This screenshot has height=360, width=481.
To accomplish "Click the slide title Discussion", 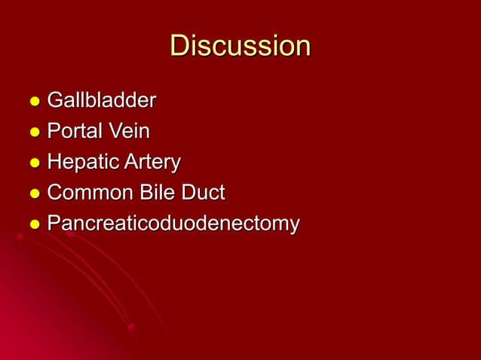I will (x=240, y=46).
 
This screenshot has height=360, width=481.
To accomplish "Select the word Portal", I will (x=73, y=131).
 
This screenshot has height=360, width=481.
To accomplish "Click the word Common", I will (x=88, y=193).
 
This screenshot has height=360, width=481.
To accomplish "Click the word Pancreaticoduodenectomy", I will (x=173, y=224).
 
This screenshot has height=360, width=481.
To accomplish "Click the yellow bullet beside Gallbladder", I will (x=33, y=102).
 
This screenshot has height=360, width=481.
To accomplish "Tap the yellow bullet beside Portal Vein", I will (x=33, y=133).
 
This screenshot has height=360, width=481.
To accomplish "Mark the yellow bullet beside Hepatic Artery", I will (x=33, y=163).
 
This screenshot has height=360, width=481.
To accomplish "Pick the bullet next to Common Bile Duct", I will (x=33, y=194).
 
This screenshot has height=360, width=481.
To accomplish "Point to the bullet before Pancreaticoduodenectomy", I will (x=33, y=225).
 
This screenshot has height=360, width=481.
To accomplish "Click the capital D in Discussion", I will (x=179, y=46).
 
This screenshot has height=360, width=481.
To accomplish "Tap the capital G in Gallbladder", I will (x=55, y=99).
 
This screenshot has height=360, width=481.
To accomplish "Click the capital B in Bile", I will (x=143, y=193).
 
